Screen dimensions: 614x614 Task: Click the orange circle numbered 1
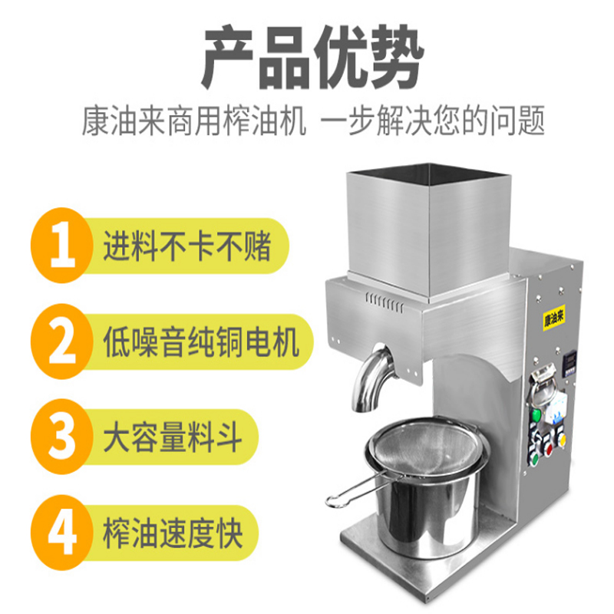click(x=62, y=246)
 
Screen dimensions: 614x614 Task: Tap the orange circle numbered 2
click(x=62, y=342)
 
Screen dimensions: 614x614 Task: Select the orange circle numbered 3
click(x=62, y=437)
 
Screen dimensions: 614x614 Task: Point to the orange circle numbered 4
click(x=62, y=533)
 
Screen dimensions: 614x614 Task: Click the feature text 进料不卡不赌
click(x=187, y=246)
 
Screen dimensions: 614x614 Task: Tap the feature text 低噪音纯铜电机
click(x=201, y=342)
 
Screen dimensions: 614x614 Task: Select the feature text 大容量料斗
click(x=173, y=437)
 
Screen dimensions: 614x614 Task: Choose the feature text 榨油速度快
click(x=173, y=533)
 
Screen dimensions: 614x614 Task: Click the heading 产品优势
click(x=312, y=57)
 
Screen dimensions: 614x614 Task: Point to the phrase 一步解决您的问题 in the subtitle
click(x=433, y=120)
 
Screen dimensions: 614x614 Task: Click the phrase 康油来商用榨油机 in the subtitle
click(x=194, y=120)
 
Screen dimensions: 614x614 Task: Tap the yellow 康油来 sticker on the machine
click(x=554, y=317)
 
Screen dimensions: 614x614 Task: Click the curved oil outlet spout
click(x=370, y=378)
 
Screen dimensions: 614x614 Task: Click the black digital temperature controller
click(x=569, y=363)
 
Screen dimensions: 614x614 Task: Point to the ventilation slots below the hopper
click(x=385, y=303)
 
